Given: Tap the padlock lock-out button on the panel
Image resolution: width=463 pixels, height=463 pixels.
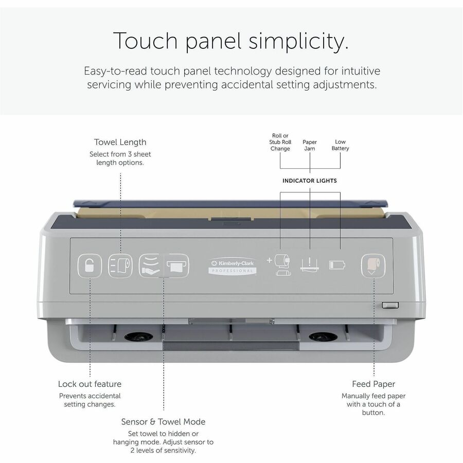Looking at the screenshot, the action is [x=90, y=266].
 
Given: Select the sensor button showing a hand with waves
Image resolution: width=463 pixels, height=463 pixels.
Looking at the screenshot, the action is [x=151, y=265].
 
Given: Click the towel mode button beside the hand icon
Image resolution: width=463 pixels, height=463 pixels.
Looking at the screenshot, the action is [x=177, y=265].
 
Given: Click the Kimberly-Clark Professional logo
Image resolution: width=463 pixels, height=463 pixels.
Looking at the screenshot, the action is [x=233, y=266].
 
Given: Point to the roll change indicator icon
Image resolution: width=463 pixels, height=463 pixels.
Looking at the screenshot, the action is [x=279, y=265].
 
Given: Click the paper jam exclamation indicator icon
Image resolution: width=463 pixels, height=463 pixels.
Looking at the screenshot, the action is [x=310, y=264].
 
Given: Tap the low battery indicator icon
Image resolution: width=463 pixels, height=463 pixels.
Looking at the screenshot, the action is [x=337, y=265].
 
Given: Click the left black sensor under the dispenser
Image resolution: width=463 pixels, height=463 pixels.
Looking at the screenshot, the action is [x=138, y=336].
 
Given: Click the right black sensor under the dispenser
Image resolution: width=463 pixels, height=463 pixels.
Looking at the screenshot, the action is [x=323, y=336].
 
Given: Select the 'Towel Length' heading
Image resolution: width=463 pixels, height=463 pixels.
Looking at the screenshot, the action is [x=120, y=142].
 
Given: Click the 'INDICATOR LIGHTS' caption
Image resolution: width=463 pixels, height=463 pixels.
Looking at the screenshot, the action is [x=310, y=181].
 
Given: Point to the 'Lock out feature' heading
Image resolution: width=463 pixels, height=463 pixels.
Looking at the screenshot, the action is [x=90, y=384].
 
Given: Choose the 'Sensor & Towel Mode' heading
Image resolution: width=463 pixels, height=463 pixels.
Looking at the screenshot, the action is [x=163, y=422].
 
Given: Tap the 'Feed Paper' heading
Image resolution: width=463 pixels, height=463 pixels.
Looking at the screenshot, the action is [x=373, y=384].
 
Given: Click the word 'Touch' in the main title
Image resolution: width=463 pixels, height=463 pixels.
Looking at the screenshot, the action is [x=145, y=41].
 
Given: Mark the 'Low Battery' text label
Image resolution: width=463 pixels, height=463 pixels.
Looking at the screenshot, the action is [x=340, y=145].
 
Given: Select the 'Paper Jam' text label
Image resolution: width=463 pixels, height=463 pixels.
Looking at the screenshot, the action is [x=310, y=145].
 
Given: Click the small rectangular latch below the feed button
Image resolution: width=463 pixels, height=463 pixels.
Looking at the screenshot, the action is [x=390, y=305].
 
